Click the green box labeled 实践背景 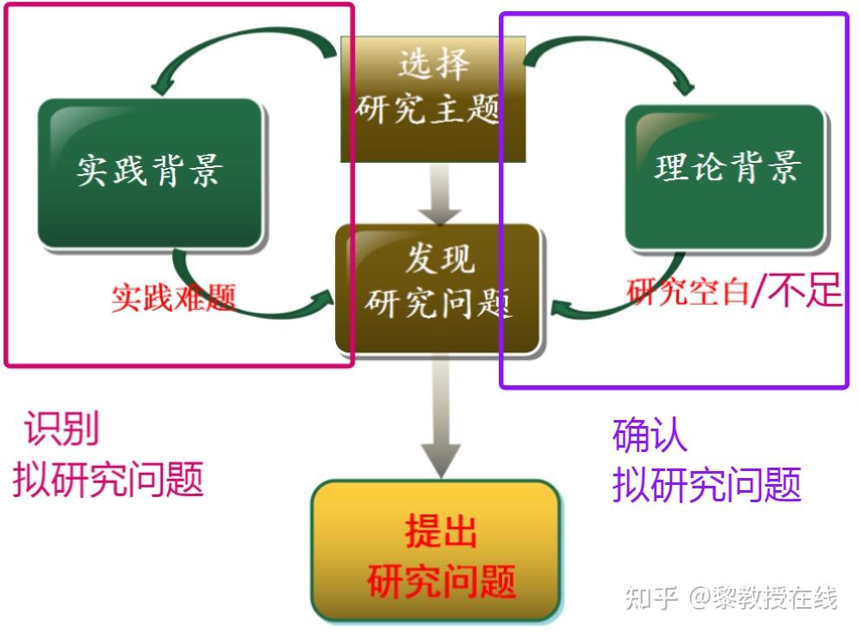[150, 173]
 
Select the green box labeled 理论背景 [726, 177]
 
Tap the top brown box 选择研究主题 [433, 100]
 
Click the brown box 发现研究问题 [438, 289]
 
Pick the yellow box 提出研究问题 [436, 550]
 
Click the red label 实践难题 [173, 298]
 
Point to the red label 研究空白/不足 [734, 290]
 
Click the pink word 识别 [61, 428]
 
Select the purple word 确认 [649, 435]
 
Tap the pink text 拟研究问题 [108, 479]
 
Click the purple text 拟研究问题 [707, 484]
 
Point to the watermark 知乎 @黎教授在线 [732, 597]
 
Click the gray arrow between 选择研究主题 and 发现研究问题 [440, 193]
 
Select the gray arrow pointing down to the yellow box [441, 417]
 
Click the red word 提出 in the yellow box [441, 531]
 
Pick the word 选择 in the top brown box [434, 64]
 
